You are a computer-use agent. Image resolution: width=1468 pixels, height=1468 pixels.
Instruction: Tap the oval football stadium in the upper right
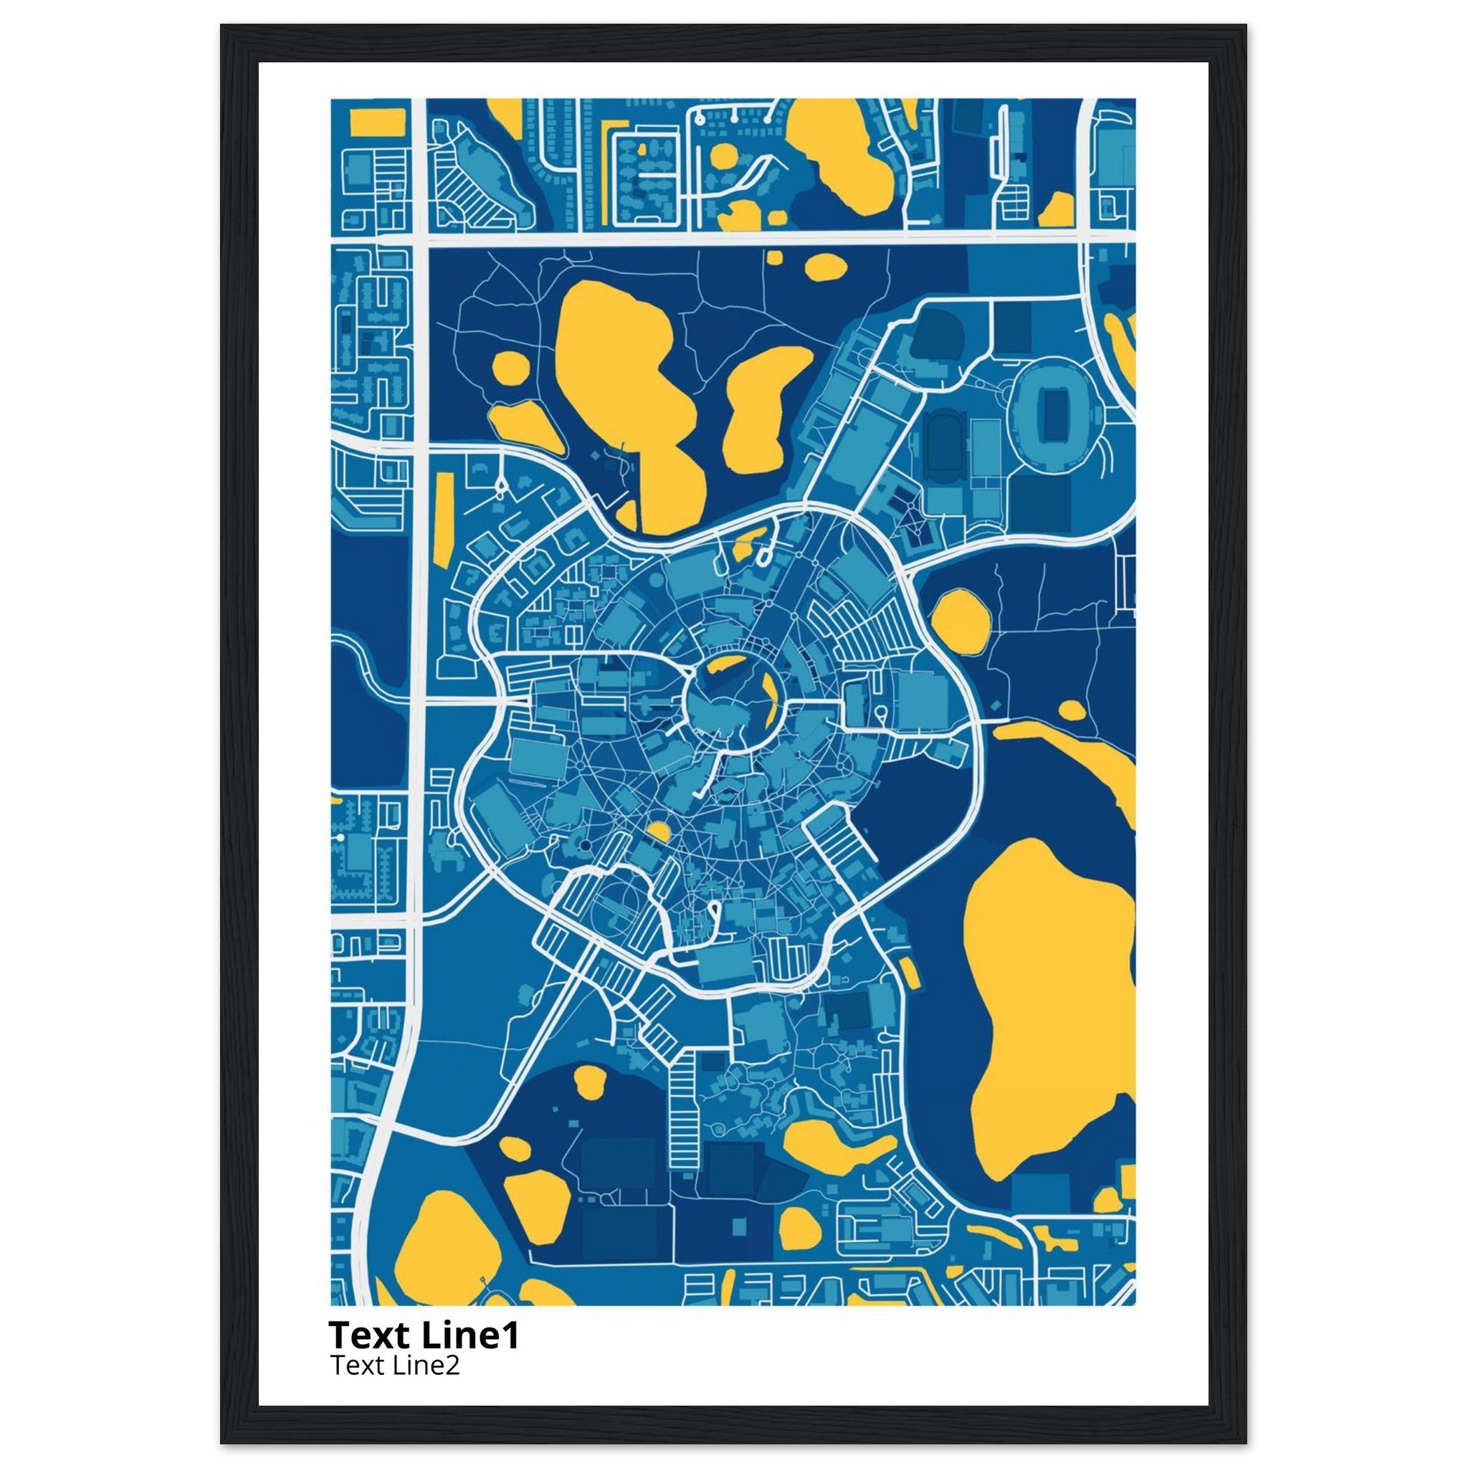[1054, 414]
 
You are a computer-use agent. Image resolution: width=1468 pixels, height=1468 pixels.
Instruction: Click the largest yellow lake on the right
[1052, 1011]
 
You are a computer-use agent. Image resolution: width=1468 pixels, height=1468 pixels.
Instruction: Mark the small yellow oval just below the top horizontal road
[825, 266]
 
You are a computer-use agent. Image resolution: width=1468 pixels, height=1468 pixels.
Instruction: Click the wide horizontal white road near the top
[752, 239]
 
